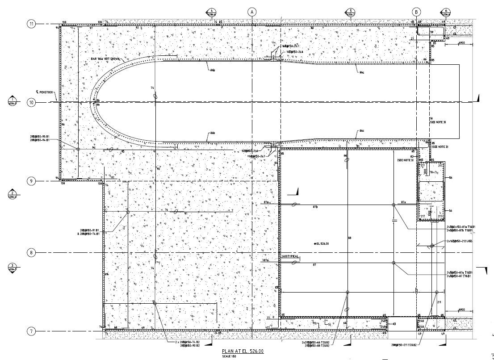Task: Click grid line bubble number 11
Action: tap(32, 24)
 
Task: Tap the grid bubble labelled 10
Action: tap(31, 103)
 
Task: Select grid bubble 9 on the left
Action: tap(31, 181)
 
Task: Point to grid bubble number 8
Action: tap(31, 253)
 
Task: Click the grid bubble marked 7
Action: tap(31, 331)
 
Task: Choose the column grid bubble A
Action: tap(252, 12)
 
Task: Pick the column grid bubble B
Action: tap(416, 12)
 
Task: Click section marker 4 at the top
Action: tap(211, 12)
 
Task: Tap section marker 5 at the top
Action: tap(351, 12)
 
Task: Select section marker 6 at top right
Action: tap(445, 12)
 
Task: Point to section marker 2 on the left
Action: tap(13, 194)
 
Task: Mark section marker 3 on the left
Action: tap(13, 267)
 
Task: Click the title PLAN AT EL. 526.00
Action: tap(243, 352)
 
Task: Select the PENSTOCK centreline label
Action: tap(45, 92)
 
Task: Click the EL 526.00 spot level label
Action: tap(322, 243)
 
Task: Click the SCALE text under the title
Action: tap(229, 356)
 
